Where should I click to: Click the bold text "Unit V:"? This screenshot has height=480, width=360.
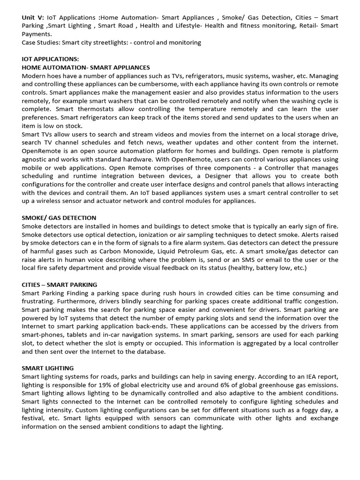coord(33,17)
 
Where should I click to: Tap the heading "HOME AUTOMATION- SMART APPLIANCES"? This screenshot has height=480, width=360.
coord(86,67)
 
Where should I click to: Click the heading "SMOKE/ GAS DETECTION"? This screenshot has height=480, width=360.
coord(59,218)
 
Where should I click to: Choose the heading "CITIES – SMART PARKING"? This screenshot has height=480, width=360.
coord(60,285)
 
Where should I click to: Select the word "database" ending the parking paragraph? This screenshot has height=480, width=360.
coord(151,352)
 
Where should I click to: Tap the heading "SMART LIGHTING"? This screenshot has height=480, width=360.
coord(47,368)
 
